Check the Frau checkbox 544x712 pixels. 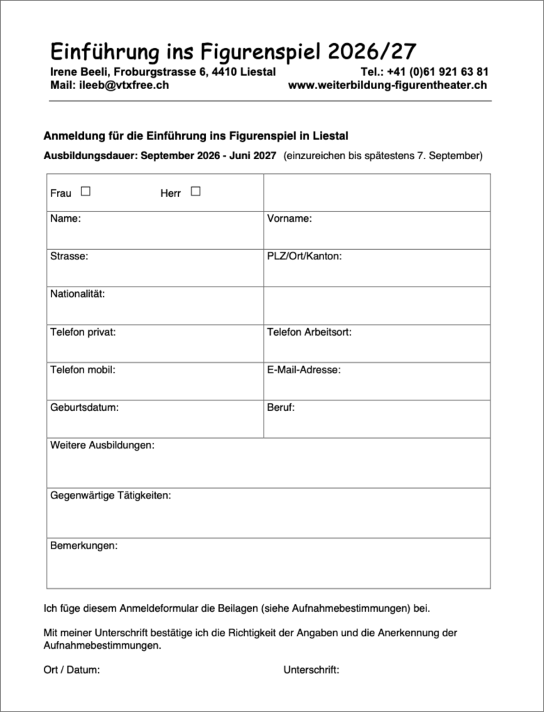click(x=86, y=191)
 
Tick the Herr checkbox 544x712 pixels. click(x=195, y=191)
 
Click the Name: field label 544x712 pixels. click(x=65, y=218)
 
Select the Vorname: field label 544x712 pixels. click(x=289, y=218)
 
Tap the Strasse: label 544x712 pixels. click(x=69, y=256)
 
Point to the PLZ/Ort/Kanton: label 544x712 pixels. click(x=304, y=256)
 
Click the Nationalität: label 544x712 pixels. click(x=77, y=293)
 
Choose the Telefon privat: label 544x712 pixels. click(x=83, y=332)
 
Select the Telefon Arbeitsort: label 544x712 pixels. click(x=309, y=332)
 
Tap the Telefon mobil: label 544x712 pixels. click(x=82, y=369)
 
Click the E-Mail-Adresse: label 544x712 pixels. click(x=303, y=369)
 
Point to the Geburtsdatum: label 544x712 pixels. click(x=84, y=407)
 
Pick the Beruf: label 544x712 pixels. click(x=281, y=407)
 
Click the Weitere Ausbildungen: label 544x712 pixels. click(x=102, y=445)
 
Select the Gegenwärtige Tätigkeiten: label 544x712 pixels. click(x=111, y=495)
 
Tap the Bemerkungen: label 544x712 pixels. click(x=83, y=545)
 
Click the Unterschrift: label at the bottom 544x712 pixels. click(x=311, y=670)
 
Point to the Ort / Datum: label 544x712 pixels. click(x=72, y=670)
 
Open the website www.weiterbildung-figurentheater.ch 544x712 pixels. click(x=387, y=86)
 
